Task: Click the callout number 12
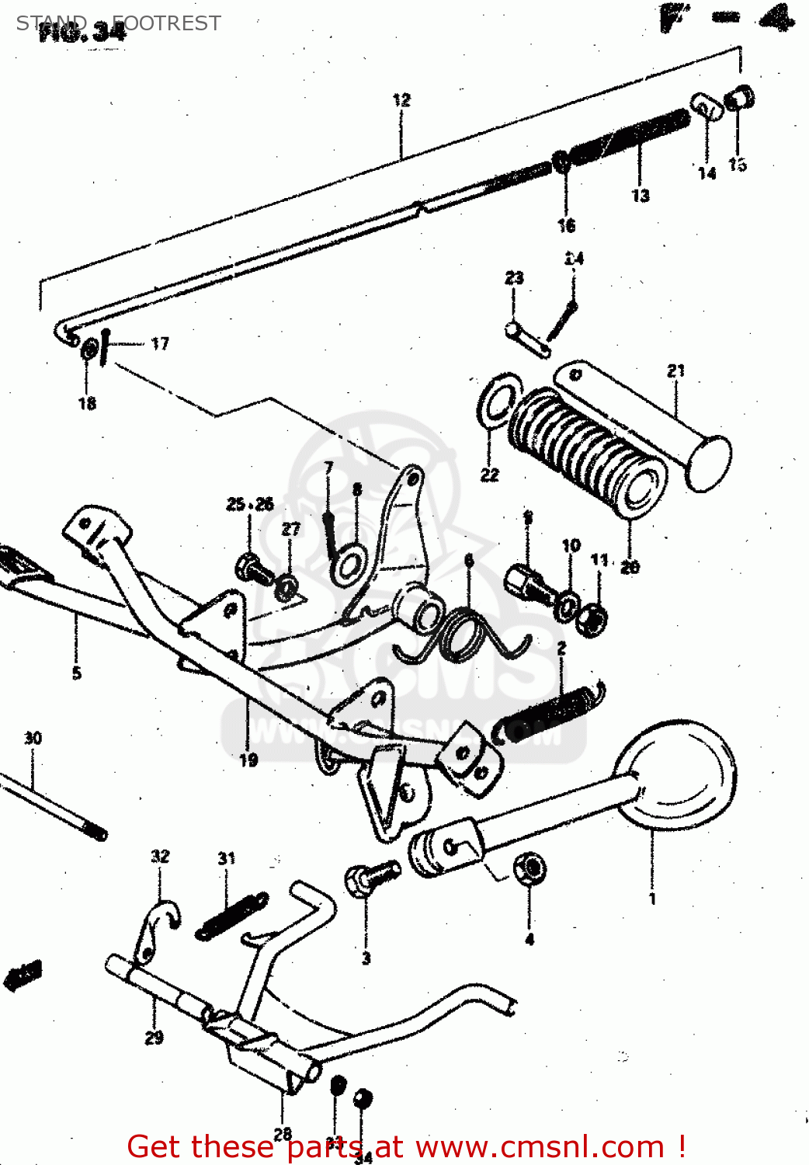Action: click(x=401, y=100)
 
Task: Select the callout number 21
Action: click(x=676, y=370)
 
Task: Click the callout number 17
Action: click(x=160, y=343)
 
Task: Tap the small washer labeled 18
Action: click(x=89, y=350)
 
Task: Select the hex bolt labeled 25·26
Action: click(x=253, y=569)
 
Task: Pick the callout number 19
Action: click(x=248, y=760)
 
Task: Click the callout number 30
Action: click(x=33, y=738)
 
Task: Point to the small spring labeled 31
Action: click(x=231, y=916)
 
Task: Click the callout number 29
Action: click(x=154, y=1038)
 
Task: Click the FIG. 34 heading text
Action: click(x=82, y=31)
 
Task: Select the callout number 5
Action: click(x=76, y=673)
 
